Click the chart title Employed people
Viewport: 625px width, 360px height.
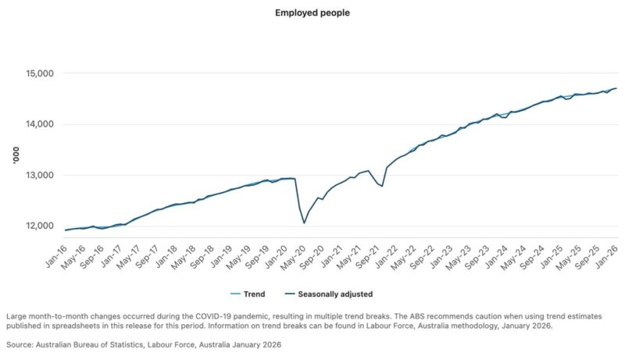(x=312, y=13)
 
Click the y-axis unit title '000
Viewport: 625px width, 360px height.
(x=13, y=156)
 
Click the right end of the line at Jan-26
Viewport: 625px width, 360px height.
(x=616, y=88)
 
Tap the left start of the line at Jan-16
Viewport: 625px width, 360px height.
(x=65, y=230)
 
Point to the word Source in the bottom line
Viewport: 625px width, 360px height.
(x=21, y=344)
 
